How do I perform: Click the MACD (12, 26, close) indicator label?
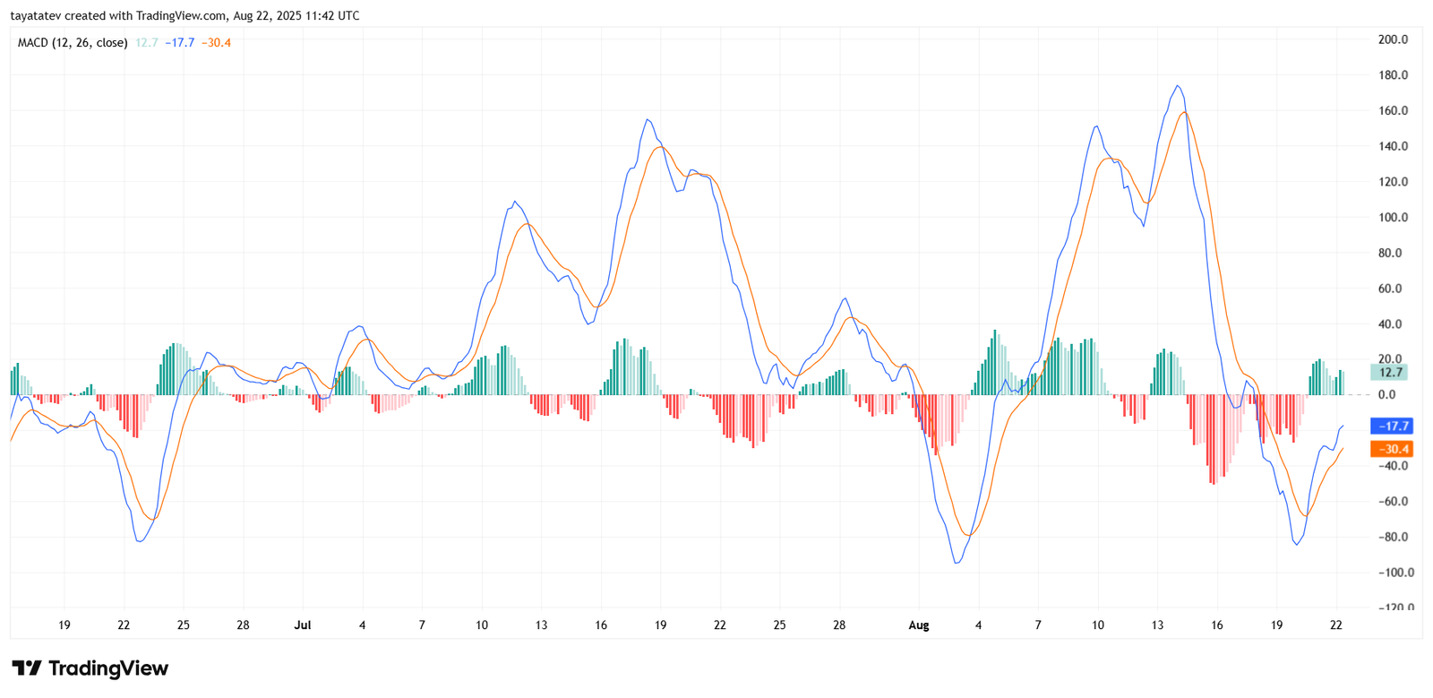[73, 43]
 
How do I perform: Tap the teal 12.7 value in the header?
[147, 43]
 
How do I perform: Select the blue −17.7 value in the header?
[180, 43]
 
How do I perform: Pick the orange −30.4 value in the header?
[216, 43]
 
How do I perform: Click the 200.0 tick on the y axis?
[1393, 39]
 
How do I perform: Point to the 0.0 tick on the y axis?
[1386, 395]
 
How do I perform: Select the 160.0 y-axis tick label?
[1393, 111]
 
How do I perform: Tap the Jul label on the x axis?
[303, 625]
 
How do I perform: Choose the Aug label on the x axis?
[919, 625]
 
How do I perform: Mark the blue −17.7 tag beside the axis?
[1392, 427]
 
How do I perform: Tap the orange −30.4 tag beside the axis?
[1392, 449]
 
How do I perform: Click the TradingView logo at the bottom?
[90, 668]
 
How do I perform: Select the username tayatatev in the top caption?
[37, 16]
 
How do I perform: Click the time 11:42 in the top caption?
[320, 16]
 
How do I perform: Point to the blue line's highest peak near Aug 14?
[1178, 86]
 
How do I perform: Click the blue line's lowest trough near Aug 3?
[957, 563]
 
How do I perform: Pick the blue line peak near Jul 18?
[648, 120]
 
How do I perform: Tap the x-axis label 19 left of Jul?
[64, 625]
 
